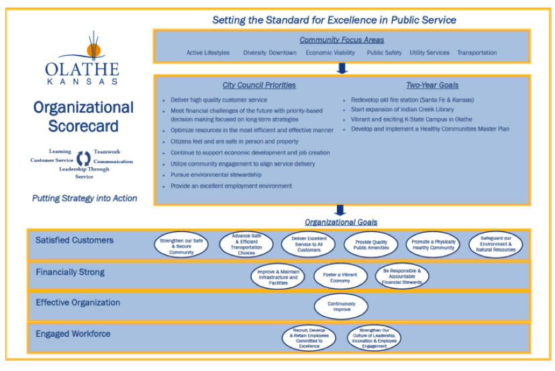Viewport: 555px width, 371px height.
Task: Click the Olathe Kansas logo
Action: pos(82,58)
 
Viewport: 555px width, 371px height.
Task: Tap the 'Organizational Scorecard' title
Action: pos(83,117)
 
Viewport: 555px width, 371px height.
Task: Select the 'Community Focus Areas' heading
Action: pos(342,40)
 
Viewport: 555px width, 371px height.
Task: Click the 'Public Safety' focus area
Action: pos(384,53)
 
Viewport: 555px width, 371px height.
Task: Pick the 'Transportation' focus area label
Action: pos(476,53)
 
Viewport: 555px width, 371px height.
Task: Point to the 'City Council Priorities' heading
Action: pos(259,86)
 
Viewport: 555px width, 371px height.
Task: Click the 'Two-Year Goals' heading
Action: pos(432,86)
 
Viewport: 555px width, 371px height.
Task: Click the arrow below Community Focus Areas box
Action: pos(342,68)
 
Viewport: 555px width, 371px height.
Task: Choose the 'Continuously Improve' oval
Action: pos(342,307)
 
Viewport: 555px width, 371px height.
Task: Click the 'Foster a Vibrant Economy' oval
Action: pos(340,276)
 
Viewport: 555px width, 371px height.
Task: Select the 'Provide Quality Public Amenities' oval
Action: pos(371,245)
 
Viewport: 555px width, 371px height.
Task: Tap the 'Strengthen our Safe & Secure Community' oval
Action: pos(181,246)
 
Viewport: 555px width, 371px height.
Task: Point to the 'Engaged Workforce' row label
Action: pos(73,334)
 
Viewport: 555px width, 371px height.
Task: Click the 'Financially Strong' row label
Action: pos(70,272)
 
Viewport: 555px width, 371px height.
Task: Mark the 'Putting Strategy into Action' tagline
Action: pos(85,199)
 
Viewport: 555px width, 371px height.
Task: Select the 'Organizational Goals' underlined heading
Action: pos(341,222)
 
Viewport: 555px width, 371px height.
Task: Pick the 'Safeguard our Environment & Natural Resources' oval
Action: pos(496,245)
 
